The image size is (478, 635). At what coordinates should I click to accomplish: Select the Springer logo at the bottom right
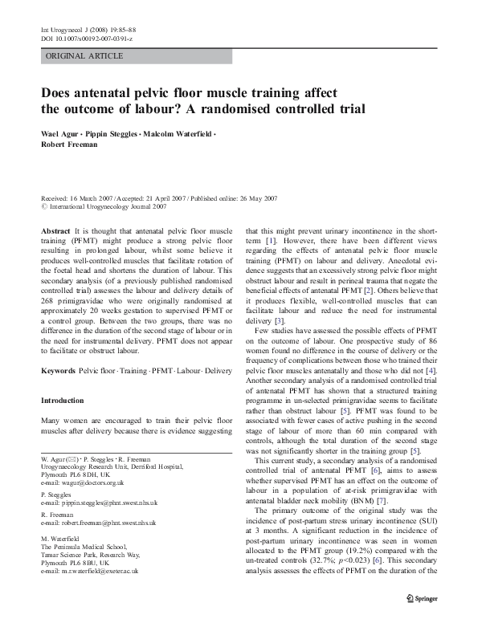423,596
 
